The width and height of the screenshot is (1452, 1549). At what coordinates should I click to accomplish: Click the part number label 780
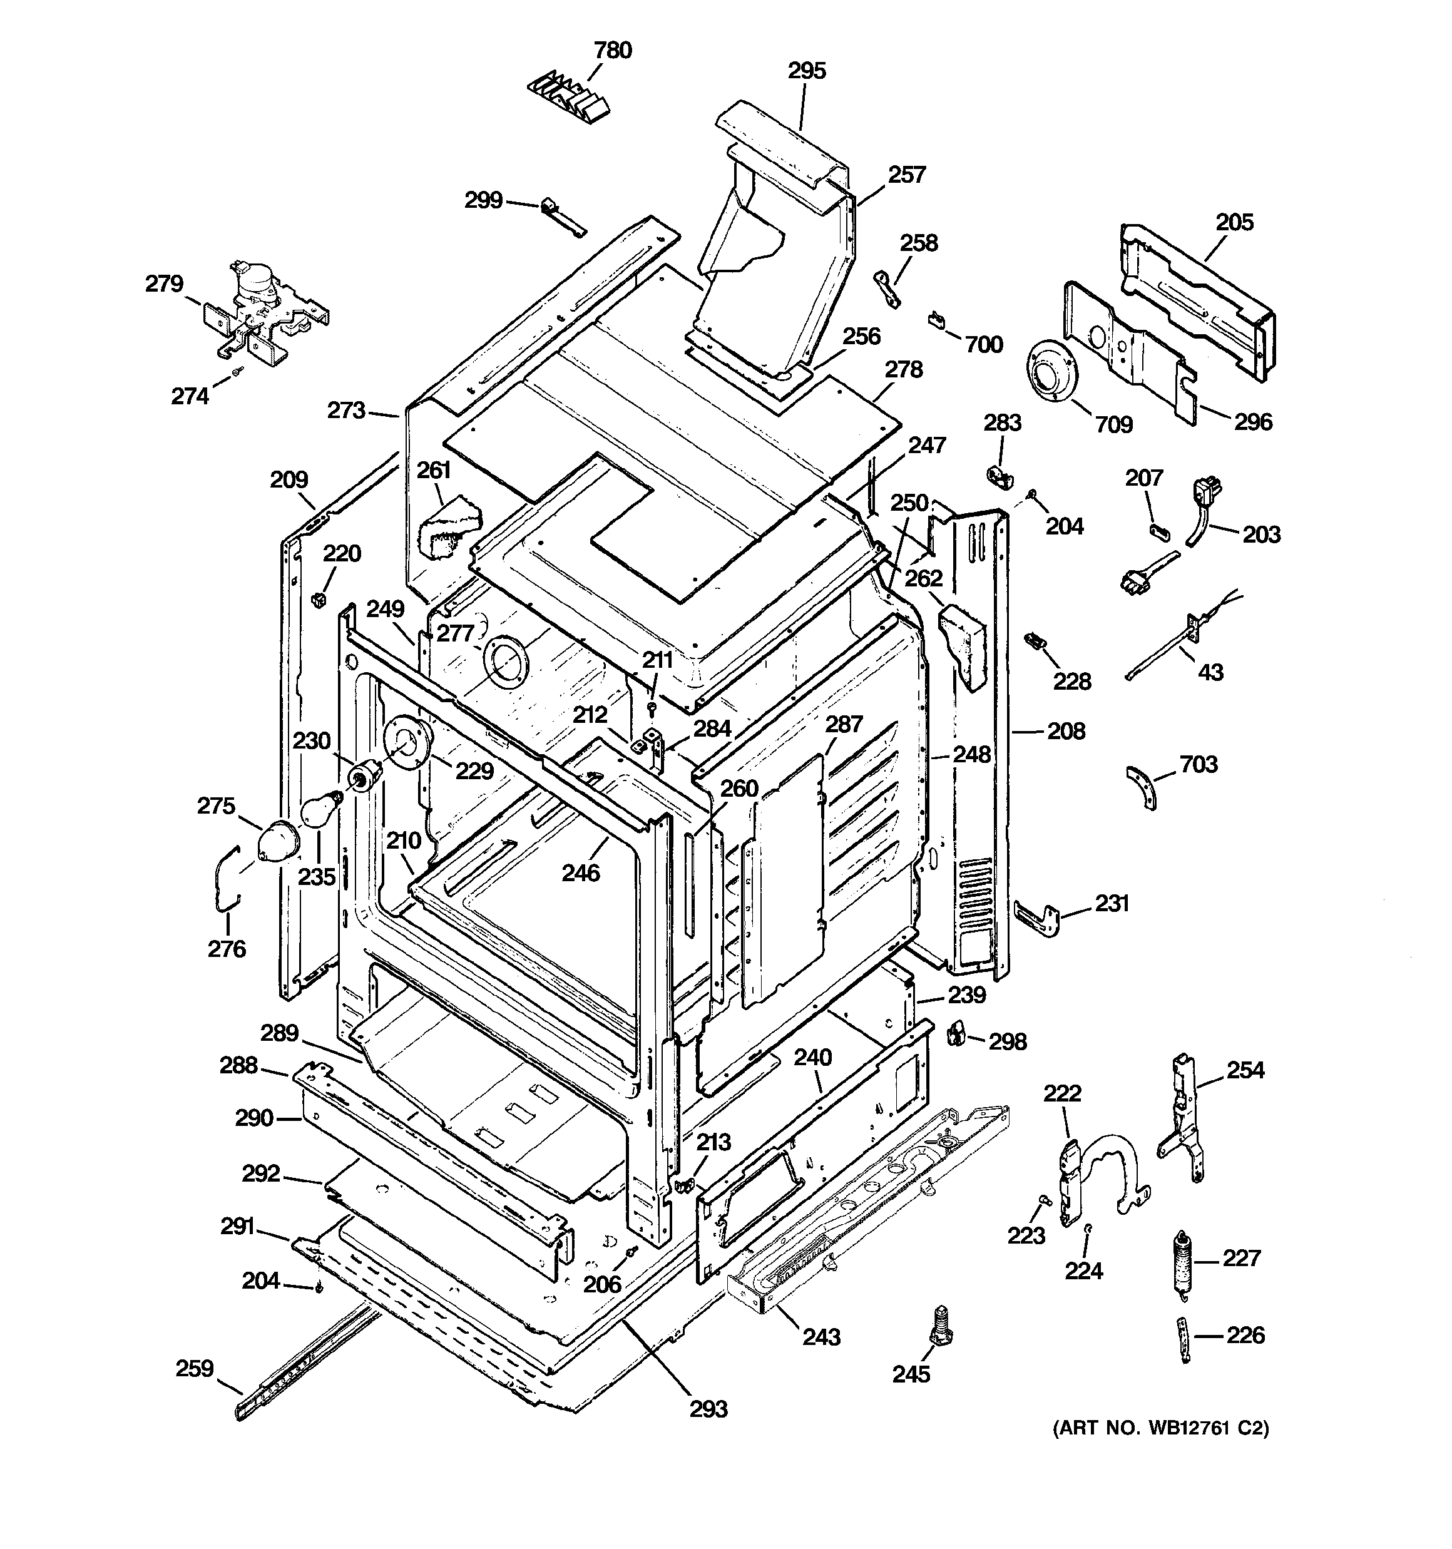[x=613, y=51]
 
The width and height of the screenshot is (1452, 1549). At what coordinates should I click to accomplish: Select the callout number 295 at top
[x=806, y=71]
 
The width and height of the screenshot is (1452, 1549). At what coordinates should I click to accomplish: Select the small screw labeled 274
[x=236, y=377]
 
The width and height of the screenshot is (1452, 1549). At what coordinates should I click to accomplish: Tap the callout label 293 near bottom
[x=708, y=1408]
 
